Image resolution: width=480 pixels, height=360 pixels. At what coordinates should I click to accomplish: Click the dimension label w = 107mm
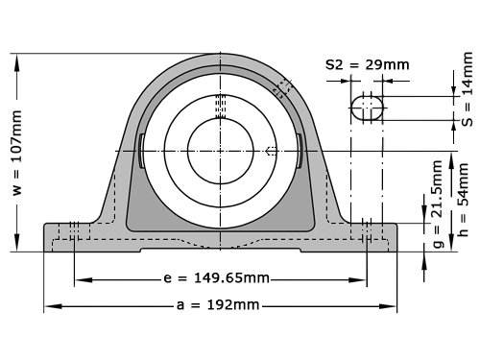[17, 153]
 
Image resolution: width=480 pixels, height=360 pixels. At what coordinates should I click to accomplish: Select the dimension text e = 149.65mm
[216, 278]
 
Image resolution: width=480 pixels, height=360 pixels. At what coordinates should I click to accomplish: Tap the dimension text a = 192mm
[218, 305]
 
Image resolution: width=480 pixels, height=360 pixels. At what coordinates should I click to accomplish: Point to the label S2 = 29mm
[368, 65]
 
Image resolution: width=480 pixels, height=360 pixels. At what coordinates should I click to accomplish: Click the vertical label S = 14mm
[468, 89]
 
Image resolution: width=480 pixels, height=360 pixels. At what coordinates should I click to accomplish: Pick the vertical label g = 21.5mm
[438, 204]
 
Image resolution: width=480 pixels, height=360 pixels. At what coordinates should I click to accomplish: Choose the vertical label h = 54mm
[464, 200]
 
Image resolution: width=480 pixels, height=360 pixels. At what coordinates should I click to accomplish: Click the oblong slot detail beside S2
[367, 108]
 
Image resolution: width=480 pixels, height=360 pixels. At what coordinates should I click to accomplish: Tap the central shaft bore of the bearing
[221, 151]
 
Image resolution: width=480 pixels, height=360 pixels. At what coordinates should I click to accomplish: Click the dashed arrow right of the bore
[271, 151]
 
